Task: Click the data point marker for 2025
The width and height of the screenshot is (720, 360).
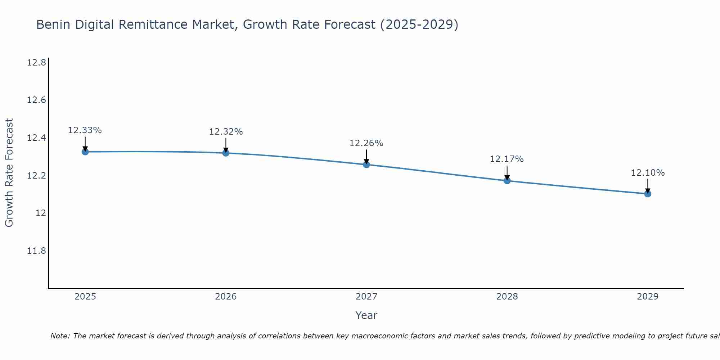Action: pyautogui.click(x=85, y=152)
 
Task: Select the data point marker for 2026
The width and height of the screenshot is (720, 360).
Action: pyautogui.click(x=226, y=153)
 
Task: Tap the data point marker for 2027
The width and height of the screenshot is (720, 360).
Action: pyautogui.click(x=366, y=165)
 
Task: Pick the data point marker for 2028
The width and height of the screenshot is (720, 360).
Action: pyautogui.click(x=507, y=180)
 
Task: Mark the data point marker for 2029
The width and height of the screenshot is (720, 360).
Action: pyautogui.click(x=648, y=194)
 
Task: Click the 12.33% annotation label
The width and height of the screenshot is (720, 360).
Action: pyautogui.click(x=85, y=130)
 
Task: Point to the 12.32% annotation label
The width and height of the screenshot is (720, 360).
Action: pyautogui.click(x=226, y=132)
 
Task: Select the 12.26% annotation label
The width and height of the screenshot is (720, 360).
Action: pyautogui.click(x=366, y=143)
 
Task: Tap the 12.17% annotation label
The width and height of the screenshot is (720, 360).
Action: pyautogui.click(x=507, y=159)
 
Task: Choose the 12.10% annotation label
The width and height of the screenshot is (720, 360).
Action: pyautogui.click(x=648, y=173)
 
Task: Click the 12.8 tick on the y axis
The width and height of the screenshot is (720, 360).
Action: pyautogui.click(x=36, y=63)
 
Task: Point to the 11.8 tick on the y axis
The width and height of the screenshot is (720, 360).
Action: pyautogui.click(x=36, y=251)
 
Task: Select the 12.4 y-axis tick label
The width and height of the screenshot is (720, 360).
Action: pyautogui.click(x=36, y=138)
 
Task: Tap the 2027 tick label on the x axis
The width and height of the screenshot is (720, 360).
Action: pyautogui.click(x=366, y=297)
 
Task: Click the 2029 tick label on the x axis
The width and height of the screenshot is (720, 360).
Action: pyautogui.click(x=648, y=297)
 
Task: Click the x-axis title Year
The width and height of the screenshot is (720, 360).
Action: pyautogui.click(x=366, y=315)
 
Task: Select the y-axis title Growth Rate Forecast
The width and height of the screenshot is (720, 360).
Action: pyautogui.click(x=9, y=172)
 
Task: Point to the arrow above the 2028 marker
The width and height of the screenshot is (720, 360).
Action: pyautogui.click(x=507, y=173)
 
